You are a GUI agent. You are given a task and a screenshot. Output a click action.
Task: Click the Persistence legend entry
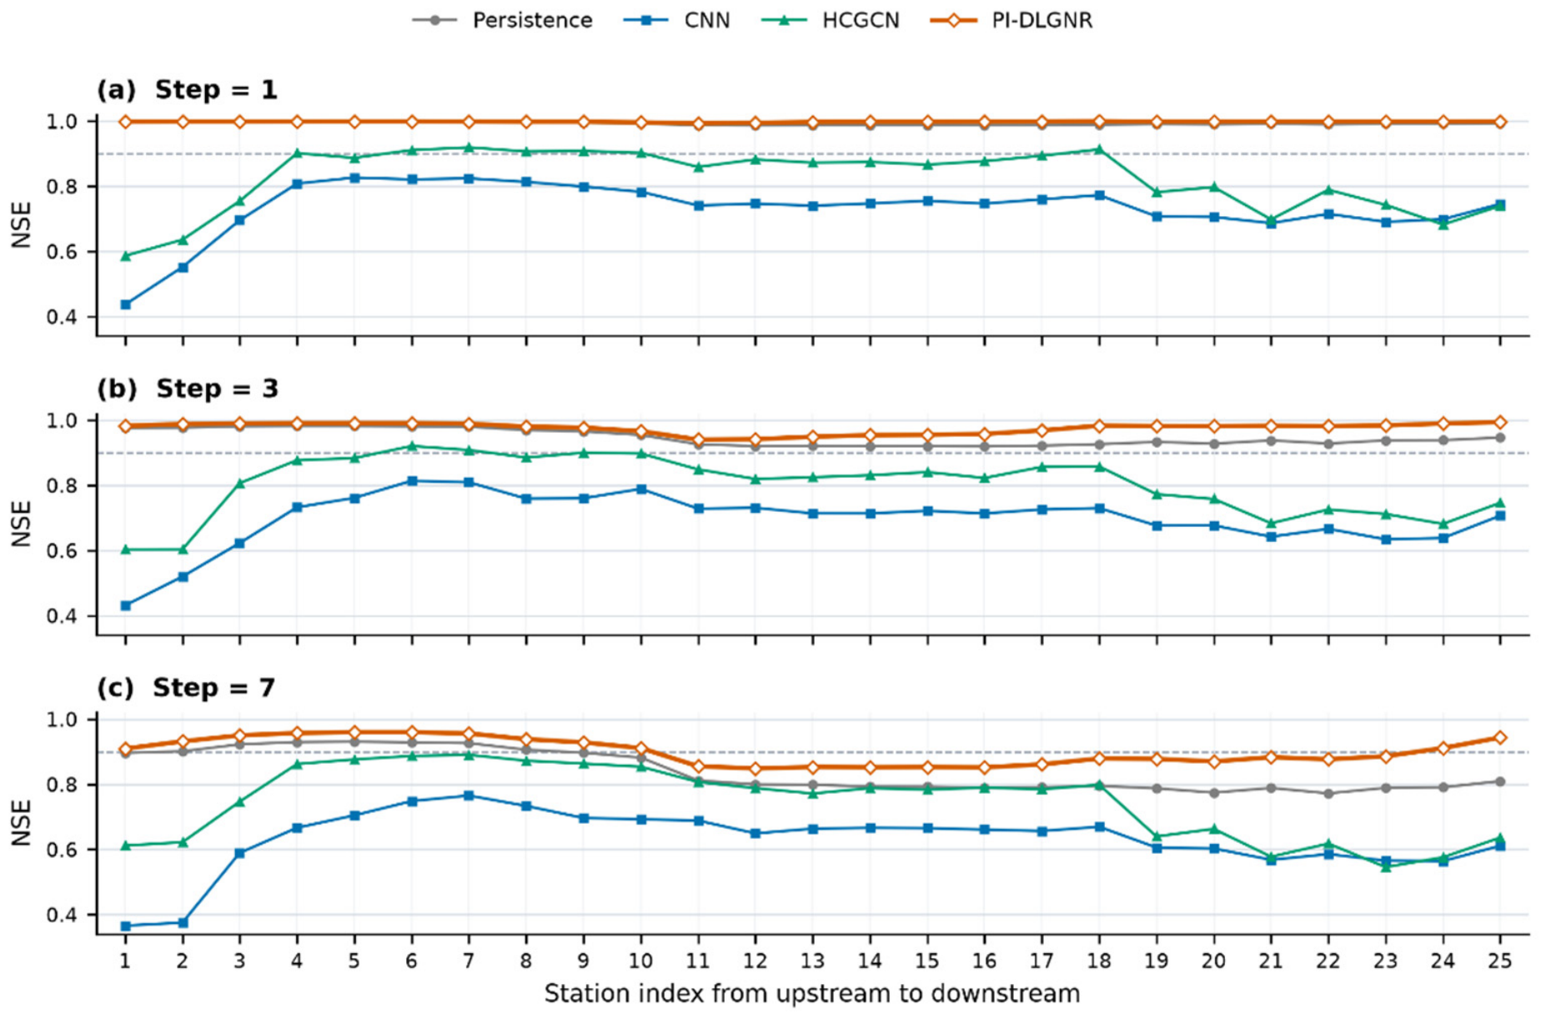[503, 20]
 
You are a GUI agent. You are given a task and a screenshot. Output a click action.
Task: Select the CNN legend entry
[677, 20]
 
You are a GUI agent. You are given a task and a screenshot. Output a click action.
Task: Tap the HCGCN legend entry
[831, 20]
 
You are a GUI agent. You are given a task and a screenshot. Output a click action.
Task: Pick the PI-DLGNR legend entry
[1011, 20]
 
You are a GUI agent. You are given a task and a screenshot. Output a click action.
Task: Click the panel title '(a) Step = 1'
[187, 89]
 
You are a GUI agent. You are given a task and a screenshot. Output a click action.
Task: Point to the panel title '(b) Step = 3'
[188, 389]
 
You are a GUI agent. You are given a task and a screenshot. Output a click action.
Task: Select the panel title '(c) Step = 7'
[186, 688]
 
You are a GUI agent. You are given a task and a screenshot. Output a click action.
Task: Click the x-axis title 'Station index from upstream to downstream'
[812, 994]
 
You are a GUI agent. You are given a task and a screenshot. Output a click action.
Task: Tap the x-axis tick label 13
[812, 961]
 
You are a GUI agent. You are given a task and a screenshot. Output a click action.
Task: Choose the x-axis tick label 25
[1500, 961]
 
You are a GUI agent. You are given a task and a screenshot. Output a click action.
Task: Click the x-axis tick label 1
[125, 961]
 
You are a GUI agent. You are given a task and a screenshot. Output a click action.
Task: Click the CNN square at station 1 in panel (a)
[126, 304]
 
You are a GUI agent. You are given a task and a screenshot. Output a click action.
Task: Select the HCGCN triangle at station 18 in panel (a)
[1099, 149]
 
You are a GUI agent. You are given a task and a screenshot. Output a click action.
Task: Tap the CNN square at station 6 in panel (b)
[412, 481]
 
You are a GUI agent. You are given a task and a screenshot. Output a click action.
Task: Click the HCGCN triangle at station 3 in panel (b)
[240, 483]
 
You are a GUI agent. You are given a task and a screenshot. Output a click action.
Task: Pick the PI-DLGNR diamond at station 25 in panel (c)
[1500, 738]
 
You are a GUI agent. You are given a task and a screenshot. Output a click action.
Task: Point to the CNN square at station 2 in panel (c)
[183, 922]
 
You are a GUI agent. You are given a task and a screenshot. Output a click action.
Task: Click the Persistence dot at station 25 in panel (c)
[1500, 781]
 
